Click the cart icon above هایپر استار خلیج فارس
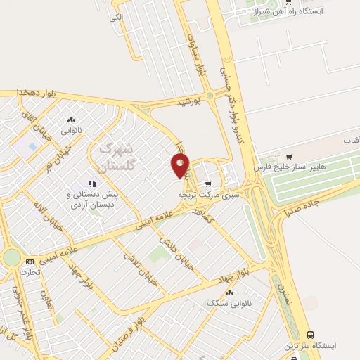[289, 156]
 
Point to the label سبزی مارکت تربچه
[208, 194]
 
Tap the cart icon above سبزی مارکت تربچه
[207, 184]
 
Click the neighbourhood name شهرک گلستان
[115, 157]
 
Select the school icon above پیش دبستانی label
[92, 184]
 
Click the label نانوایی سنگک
[224, 303]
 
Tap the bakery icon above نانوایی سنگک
[229, 292]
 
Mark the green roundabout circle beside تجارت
[11, 258]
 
